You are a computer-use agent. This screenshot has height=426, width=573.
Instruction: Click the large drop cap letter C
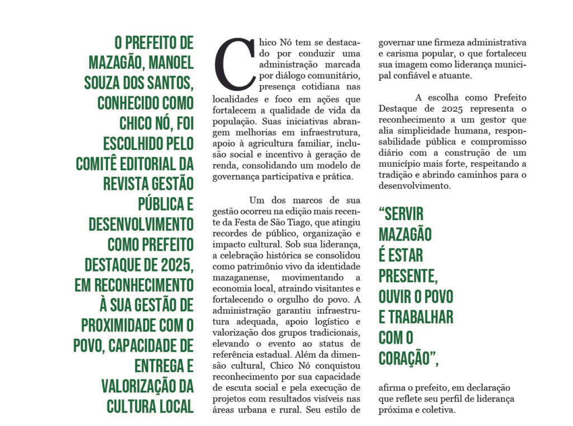235,63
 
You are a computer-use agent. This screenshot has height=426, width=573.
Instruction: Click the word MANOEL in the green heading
170,63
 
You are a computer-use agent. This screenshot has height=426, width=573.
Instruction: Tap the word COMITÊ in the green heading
100,164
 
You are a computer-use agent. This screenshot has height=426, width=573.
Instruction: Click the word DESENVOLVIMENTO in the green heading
141,225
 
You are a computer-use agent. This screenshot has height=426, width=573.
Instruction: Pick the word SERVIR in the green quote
401,214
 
